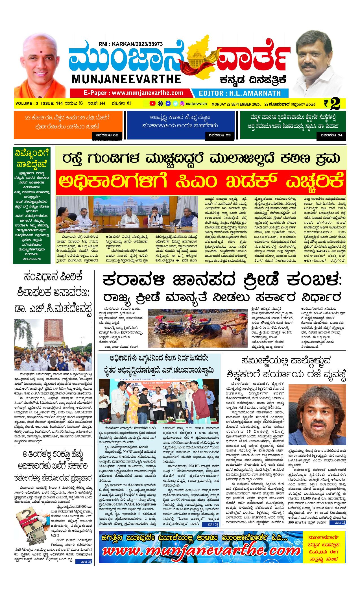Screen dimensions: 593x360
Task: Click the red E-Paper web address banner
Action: point(130,93)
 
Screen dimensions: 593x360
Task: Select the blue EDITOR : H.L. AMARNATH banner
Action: point(240,93)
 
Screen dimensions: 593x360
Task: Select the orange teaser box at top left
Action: point(68,125)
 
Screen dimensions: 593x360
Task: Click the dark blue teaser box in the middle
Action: point(181,125)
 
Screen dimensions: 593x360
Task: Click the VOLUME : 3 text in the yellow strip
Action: point(27,103)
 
